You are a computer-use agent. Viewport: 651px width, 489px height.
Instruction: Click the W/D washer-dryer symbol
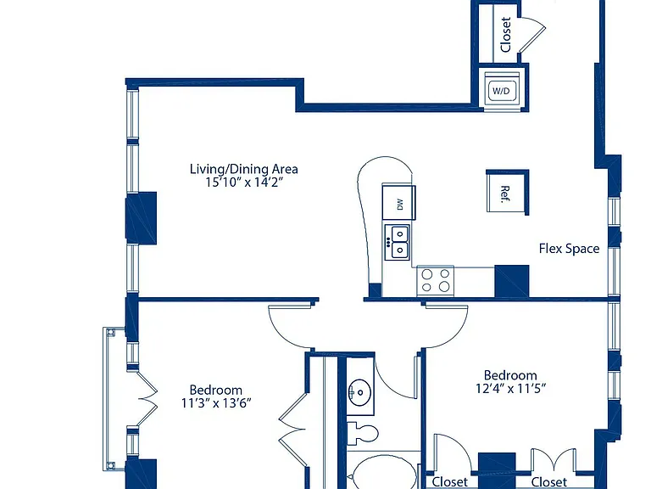[503, 90]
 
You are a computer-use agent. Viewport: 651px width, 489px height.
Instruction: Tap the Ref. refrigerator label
[504, 194]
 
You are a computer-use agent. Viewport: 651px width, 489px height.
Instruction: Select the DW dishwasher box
[398, 203]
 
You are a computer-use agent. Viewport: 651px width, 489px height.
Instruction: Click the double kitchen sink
[398, 243]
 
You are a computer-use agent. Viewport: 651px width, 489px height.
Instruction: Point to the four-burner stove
[435, 281]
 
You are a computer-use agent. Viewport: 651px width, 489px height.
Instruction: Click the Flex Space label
[569, 249]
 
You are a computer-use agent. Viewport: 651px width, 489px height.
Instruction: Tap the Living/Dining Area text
[244, 169]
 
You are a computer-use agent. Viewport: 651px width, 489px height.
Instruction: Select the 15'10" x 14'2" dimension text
[244, 183]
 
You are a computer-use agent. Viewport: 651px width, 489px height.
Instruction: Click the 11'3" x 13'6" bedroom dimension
[216, 403]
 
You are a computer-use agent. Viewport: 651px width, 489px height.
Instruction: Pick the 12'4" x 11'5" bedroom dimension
[510, 388]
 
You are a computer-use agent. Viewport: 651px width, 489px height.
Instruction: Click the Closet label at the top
[506, 35]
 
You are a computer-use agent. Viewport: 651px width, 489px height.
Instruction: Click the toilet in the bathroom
[362, 433]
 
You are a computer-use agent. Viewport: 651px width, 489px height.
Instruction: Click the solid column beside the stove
[511, 281]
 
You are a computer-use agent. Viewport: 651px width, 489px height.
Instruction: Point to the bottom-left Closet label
[449, 481]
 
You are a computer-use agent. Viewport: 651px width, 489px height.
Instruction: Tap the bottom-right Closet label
[549, 481]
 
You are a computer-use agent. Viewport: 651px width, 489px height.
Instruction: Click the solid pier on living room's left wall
[142, 218]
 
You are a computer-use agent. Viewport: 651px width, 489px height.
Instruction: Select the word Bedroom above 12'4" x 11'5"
[510, 375]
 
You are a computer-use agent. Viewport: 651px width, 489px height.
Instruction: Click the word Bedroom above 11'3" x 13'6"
[216, 390]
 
